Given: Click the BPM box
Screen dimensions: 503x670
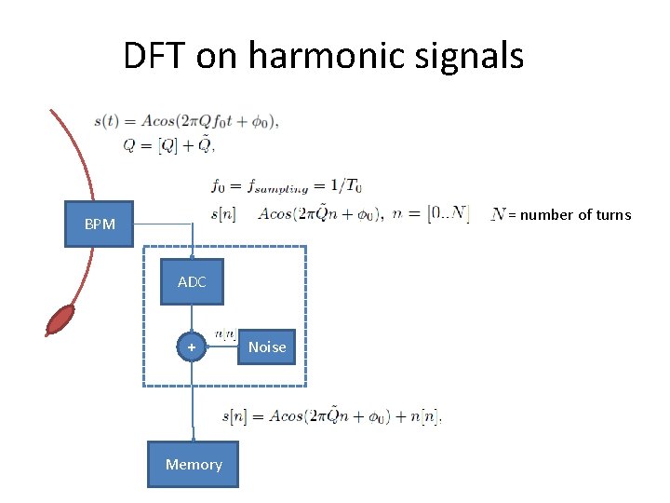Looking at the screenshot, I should pyautogui.click(x=99, y=224).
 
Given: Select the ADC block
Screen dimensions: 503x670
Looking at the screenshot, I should pyautogui.click(x=192, y=282).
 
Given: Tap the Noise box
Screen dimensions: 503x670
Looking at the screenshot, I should pyautogui.click(x=267, y=347).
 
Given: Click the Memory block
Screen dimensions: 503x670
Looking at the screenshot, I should pyautogui.click(x=194, y=464).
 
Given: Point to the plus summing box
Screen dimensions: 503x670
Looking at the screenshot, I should pyautogui.click(x=192, y=347).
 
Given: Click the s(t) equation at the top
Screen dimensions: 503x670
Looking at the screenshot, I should pyautogui.click(x=186, y=121).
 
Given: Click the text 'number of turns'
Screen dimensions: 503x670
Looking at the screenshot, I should pyautogui.click(x=575, y=215).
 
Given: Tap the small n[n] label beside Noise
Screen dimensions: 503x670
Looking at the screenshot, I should pyautogui.click(x=224, y=333).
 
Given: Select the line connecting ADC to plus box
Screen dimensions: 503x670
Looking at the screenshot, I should pyautogui.click(x=192, y=319).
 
